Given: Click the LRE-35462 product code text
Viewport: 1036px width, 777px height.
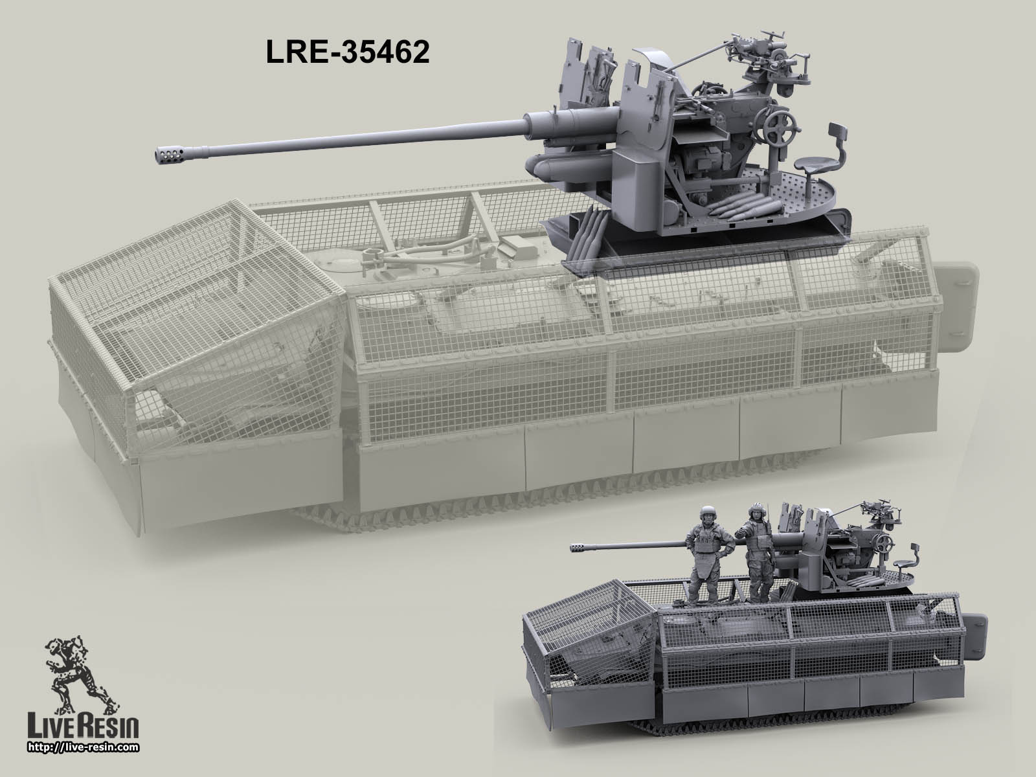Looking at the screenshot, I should point(348,54).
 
